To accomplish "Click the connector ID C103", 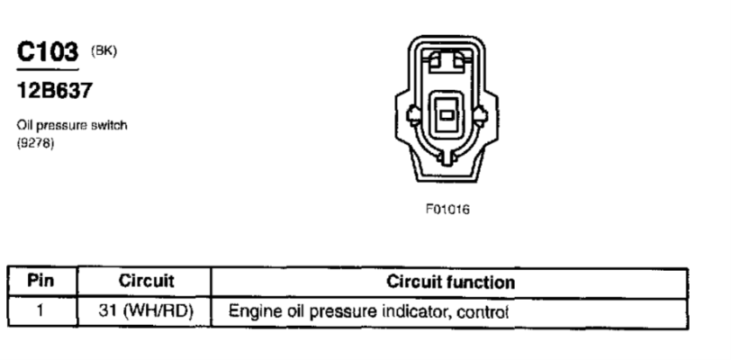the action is pyautogui.click(x=48, y=51).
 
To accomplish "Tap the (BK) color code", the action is pyautogui.click(x=104, y=50).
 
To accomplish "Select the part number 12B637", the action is pyautogui.click(x=55, y=90).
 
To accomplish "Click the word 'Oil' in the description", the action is pyautogui.click(x=24, y=125).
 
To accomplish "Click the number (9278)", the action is pyautogui.click(x=35, y=143).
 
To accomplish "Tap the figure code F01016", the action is pyautogui.click(x=447, y=210).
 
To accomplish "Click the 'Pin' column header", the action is pyautogui.click(x=41, y=281).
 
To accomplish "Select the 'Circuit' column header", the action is pyautogui.click(x=146, y=281).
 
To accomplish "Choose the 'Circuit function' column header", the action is pyautogui.click(x=450, y=282).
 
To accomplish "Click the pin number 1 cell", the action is pyautogui.click(x=41, y=310).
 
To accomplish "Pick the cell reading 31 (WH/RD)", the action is pyautogui.click(x=146, y=311).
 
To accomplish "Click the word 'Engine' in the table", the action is pyautogui.click(x=252, y=311).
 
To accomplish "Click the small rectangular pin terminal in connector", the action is pyautogui.click(x=447, y=114).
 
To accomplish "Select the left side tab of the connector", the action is pyautogui.click(x=413, y=114).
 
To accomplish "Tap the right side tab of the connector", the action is pyautogui.click(x=480, y=114).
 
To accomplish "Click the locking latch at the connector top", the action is pyautogui.click(x=447, y=61).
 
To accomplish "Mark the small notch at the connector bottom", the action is pyautogui.click(x=447, y=157).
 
